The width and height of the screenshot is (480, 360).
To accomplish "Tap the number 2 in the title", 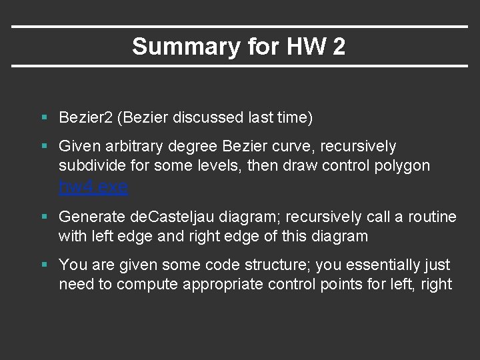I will point(339,47).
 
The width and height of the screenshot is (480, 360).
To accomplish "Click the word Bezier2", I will point(85,118).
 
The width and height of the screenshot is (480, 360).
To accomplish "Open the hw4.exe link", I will point(93,187).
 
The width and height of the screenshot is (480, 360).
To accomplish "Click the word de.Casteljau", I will point(174,217).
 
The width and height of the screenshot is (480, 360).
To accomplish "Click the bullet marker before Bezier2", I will point(44,118).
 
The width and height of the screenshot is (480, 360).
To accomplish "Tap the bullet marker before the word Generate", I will point(44,217).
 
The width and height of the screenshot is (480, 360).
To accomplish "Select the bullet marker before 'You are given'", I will point(44,265).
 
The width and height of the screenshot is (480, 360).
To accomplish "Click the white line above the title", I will point(240,27).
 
